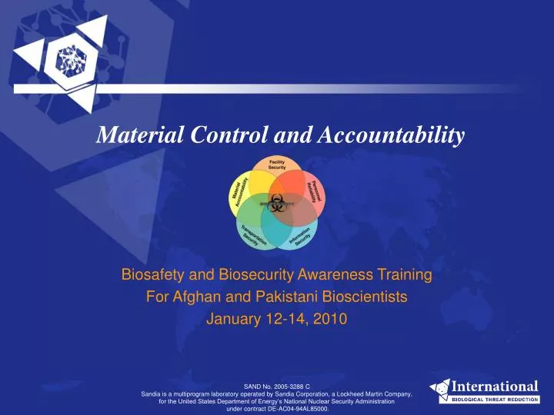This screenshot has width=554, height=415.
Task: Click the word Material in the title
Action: tap(128, 136)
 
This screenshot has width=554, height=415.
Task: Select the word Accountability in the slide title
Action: tap(382, 136)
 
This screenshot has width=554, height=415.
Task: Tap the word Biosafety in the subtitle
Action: tap(150, 274)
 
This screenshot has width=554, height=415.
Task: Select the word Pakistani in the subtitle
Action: tap(274, 297)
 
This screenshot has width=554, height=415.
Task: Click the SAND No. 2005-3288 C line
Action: tap(277, 385)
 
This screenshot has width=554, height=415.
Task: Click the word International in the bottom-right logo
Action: tap(494, 386)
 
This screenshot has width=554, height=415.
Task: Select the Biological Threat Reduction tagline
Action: tap(494, 400)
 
